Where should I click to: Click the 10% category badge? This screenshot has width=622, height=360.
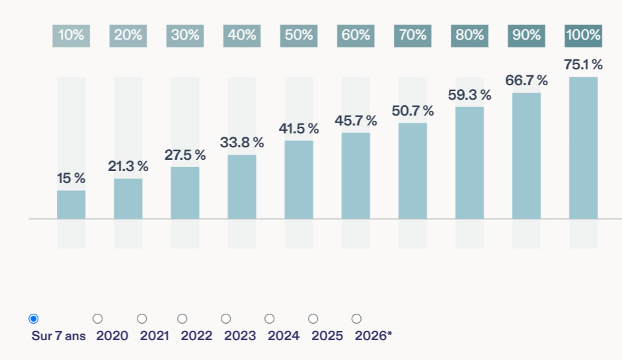[x=71, y=36]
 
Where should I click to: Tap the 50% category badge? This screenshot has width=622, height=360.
[x=299, y=36]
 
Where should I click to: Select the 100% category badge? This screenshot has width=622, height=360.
[x=583, y=36]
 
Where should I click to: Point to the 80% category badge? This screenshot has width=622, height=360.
[x=469, y=36]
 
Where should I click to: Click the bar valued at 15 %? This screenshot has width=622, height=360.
[x=71, y=205]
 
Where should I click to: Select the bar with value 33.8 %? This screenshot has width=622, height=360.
[x=242, y=187]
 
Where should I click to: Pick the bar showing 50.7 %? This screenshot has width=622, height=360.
[x=412, y=171]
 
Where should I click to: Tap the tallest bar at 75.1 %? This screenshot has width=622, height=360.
[x=583, y=148]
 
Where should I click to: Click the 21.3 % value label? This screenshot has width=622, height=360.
[x=128, y=166]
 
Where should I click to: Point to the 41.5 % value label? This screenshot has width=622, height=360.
[x=299, y=128]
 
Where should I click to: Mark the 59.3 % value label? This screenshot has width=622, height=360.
[x=470, y=94]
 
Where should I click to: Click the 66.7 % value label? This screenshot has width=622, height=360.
[x=526, y=81]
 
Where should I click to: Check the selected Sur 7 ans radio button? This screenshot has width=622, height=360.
[x=34, y=319]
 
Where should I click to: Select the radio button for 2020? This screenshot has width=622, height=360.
[x=98, y=319]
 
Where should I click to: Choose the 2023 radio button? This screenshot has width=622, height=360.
[x=225, y=319]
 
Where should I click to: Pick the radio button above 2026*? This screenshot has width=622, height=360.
[x=357, y=319]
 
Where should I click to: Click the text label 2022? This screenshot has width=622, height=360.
[x=196, y=336]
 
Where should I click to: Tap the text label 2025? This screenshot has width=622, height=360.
[x=327, y=336]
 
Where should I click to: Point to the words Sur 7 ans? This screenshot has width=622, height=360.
[x=59, y=336]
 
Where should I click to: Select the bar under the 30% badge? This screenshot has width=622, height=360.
[x=185, y=193]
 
